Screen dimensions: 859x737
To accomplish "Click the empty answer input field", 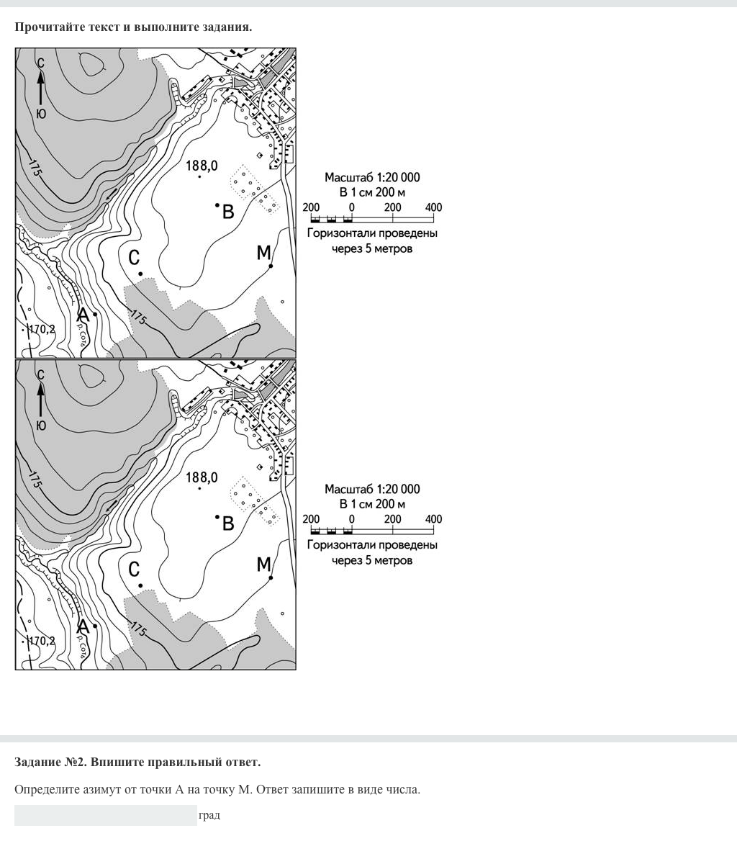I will (x=105, y=815).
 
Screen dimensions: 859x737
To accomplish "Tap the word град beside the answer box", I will (x=209, y=815).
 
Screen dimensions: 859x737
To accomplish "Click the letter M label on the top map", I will (x=263, y=253).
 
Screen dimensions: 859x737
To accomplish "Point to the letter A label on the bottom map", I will (x=83, y=626).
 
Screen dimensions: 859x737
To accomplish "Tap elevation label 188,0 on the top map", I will (x=202, y=166).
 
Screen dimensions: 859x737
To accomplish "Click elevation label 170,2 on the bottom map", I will (x=41, y=641).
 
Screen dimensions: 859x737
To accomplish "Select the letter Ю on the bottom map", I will (x=41, y=426).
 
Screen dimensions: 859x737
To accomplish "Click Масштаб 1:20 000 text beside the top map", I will (x=372, y=177).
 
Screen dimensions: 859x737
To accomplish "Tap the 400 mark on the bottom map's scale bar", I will (x=433, y=519).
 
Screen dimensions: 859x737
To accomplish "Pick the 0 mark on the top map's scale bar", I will (x=352, y=207).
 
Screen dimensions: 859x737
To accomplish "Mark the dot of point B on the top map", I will (x=217, y=205).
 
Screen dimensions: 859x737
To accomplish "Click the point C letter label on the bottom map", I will (x=134, y=570).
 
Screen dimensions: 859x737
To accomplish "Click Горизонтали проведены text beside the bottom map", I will (x=372, y=544).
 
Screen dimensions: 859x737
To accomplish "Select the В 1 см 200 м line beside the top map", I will (x=372, y=192).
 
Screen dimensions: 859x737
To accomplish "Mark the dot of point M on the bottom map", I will (x=271, y=577).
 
